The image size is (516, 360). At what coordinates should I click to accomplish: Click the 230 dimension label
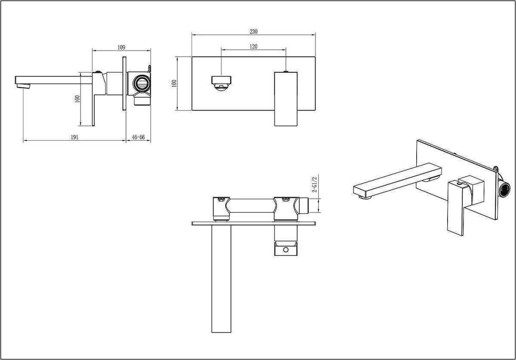point(253,31)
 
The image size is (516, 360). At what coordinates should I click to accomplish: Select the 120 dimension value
point(253,46)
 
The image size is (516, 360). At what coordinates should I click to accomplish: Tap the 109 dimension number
point(121,47)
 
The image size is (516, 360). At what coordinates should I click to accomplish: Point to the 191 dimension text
point(74,137)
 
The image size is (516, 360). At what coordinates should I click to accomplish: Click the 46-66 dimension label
point(138,137)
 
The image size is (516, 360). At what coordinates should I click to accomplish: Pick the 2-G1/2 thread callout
point(314,184)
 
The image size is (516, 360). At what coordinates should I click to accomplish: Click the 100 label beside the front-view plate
point(174,83)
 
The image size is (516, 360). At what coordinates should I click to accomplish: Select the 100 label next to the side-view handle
point(77,99)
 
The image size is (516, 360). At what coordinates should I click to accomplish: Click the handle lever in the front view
point(286,99)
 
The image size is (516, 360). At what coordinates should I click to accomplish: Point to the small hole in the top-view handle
point(286,249)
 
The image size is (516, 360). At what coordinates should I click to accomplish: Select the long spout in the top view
point(221,279)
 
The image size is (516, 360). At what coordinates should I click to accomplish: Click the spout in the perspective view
point(397,182)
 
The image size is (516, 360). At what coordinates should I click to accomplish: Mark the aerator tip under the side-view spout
point(23,86)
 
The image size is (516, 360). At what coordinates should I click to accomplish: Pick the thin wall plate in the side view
point(124,83)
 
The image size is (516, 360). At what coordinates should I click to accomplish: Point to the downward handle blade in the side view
point(93,110)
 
